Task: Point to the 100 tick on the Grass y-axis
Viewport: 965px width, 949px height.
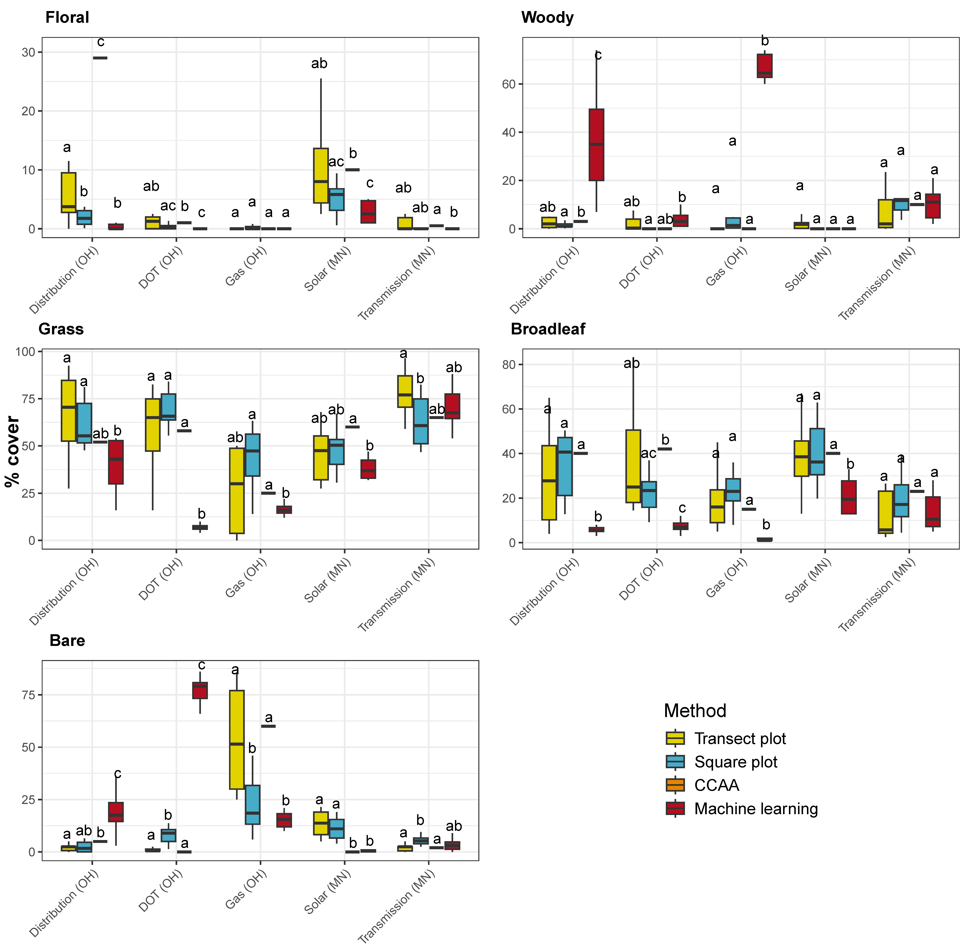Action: pyautogui.click(x=25, y=352)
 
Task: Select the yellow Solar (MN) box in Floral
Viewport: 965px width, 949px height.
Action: pyautogui.click(x=320, y=175)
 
